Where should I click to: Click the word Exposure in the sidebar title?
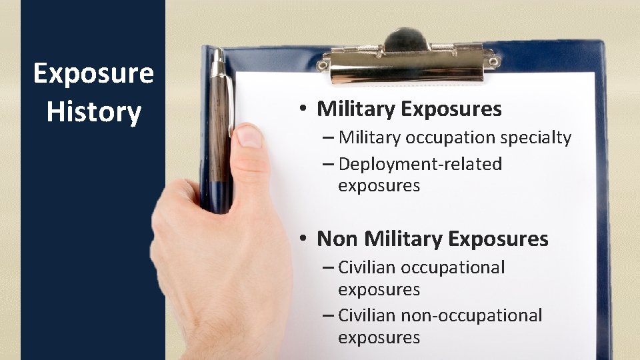pyautogui.click(x=93, y=73)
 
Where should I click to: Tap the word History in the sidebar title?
pyautogui.click(x=93, y=112)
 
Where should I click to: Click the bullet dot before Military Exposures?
pyautogui.click(x=303, y=109)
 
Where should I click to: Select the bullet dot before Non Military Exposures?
pyautogui.click(x=303, y=239)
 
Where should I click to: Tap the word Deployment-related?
pyautogui.click(x=420, y=164)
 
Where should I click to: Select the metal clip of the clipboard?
pyautogui.click(x=407, y=63)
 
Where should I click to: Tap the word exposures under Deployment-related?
pyautogui.click(x=379, y=186)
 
